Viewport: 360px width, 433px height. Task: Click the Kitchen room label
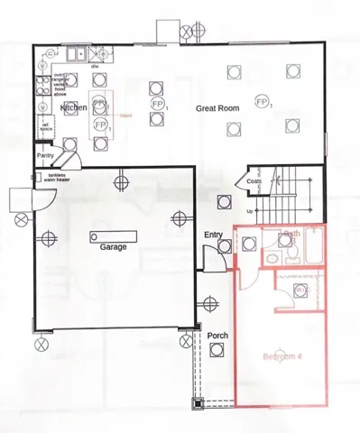point(73,107)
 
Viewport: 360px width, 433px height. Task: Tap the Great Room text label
point(217,108)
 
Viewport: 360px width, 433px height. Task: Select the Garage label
point(112,246)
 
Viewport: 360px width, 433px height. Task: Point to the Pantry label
point(46,155)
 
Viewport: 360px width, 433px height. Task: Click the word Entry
point(213,235)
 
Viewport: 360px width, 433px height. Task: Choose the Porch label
point(217,336)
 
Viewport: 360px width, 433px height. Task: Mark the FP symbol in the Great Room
point(263,101)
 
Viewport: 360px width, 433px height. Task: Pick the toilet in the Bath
point(271,260)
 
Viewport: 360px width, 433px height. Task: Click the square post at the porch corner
point(198,403)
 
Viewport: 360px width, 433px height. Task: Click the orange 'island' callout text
point(125,115)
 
